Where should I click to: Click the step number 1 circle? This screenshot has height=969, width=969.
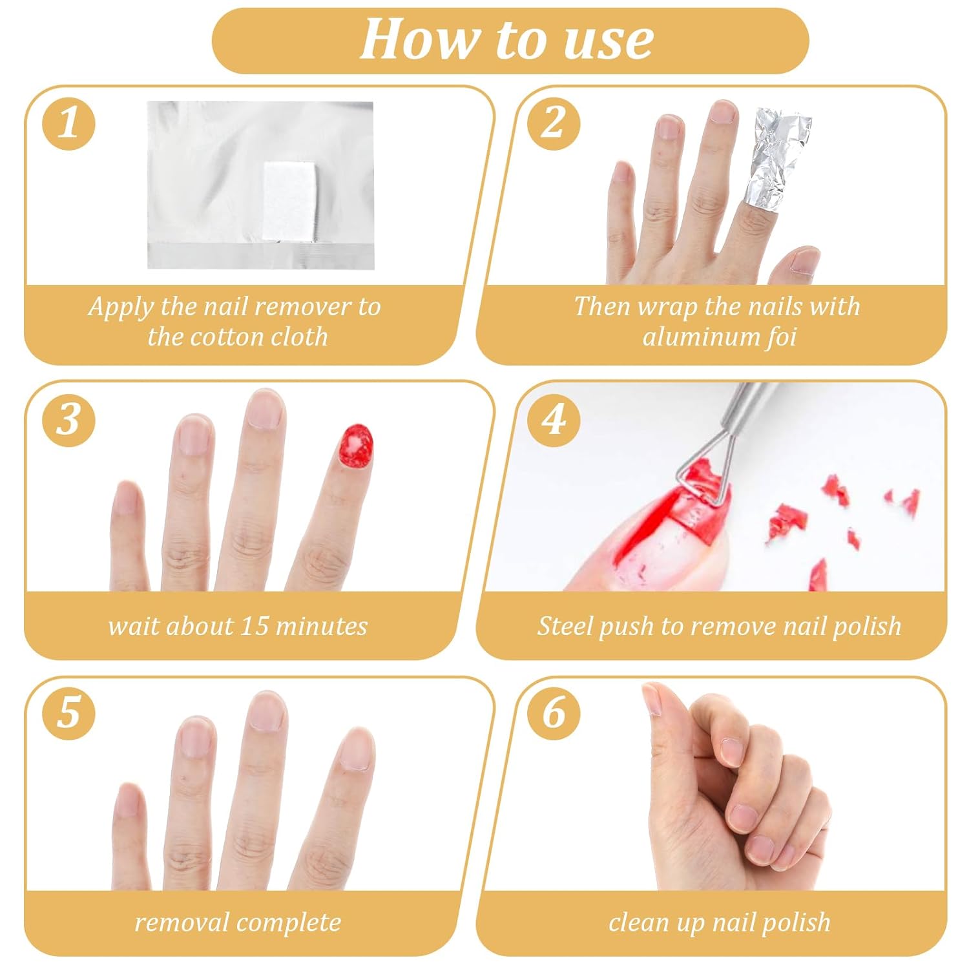[69, 123]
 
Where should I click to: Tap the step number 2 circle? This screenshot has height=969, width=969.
[553, 123]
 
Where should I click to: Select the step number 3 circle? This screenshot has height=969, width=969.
[69, 420]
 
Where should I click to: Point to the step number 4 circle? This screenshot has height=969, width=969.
[553, 420]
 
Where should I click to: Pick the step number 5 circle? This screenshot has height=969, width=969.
[69, 714]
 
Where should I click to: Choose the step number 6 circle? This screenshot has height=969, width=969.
[553, 714]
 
